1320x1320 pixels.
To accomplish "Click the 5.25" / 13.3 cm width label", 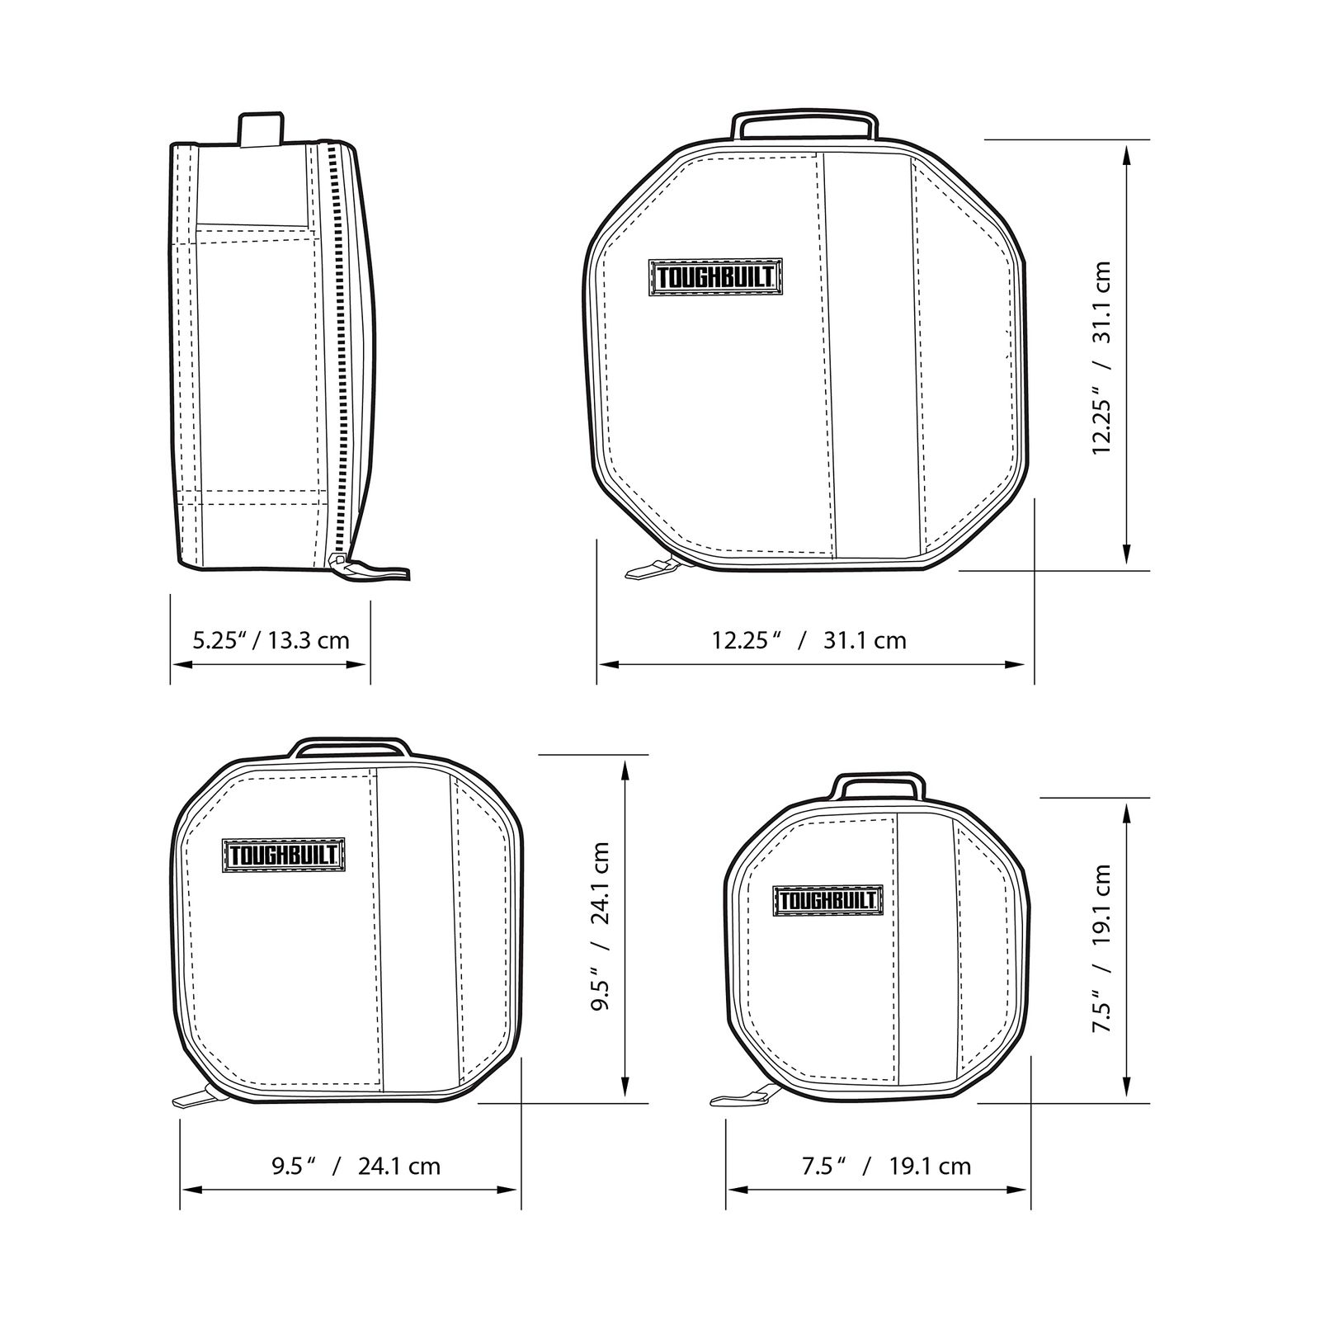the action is (x=271, y=639).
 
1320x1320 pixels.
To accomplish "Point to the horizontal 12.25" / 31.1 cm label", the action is (x=809, y=639).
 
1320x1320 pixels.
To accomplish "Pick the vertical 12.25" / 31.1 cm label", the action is (x=1102, y=357).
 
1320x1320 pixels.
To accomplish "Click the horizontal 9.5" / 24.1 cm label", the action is (x=356, y=1166).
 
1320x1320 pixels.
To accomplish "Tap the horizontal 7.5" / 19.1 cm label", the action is (x=886, y=1166).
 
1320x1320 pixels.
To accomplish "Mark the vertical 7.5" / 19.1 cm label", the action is (x=1102, y=948).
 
